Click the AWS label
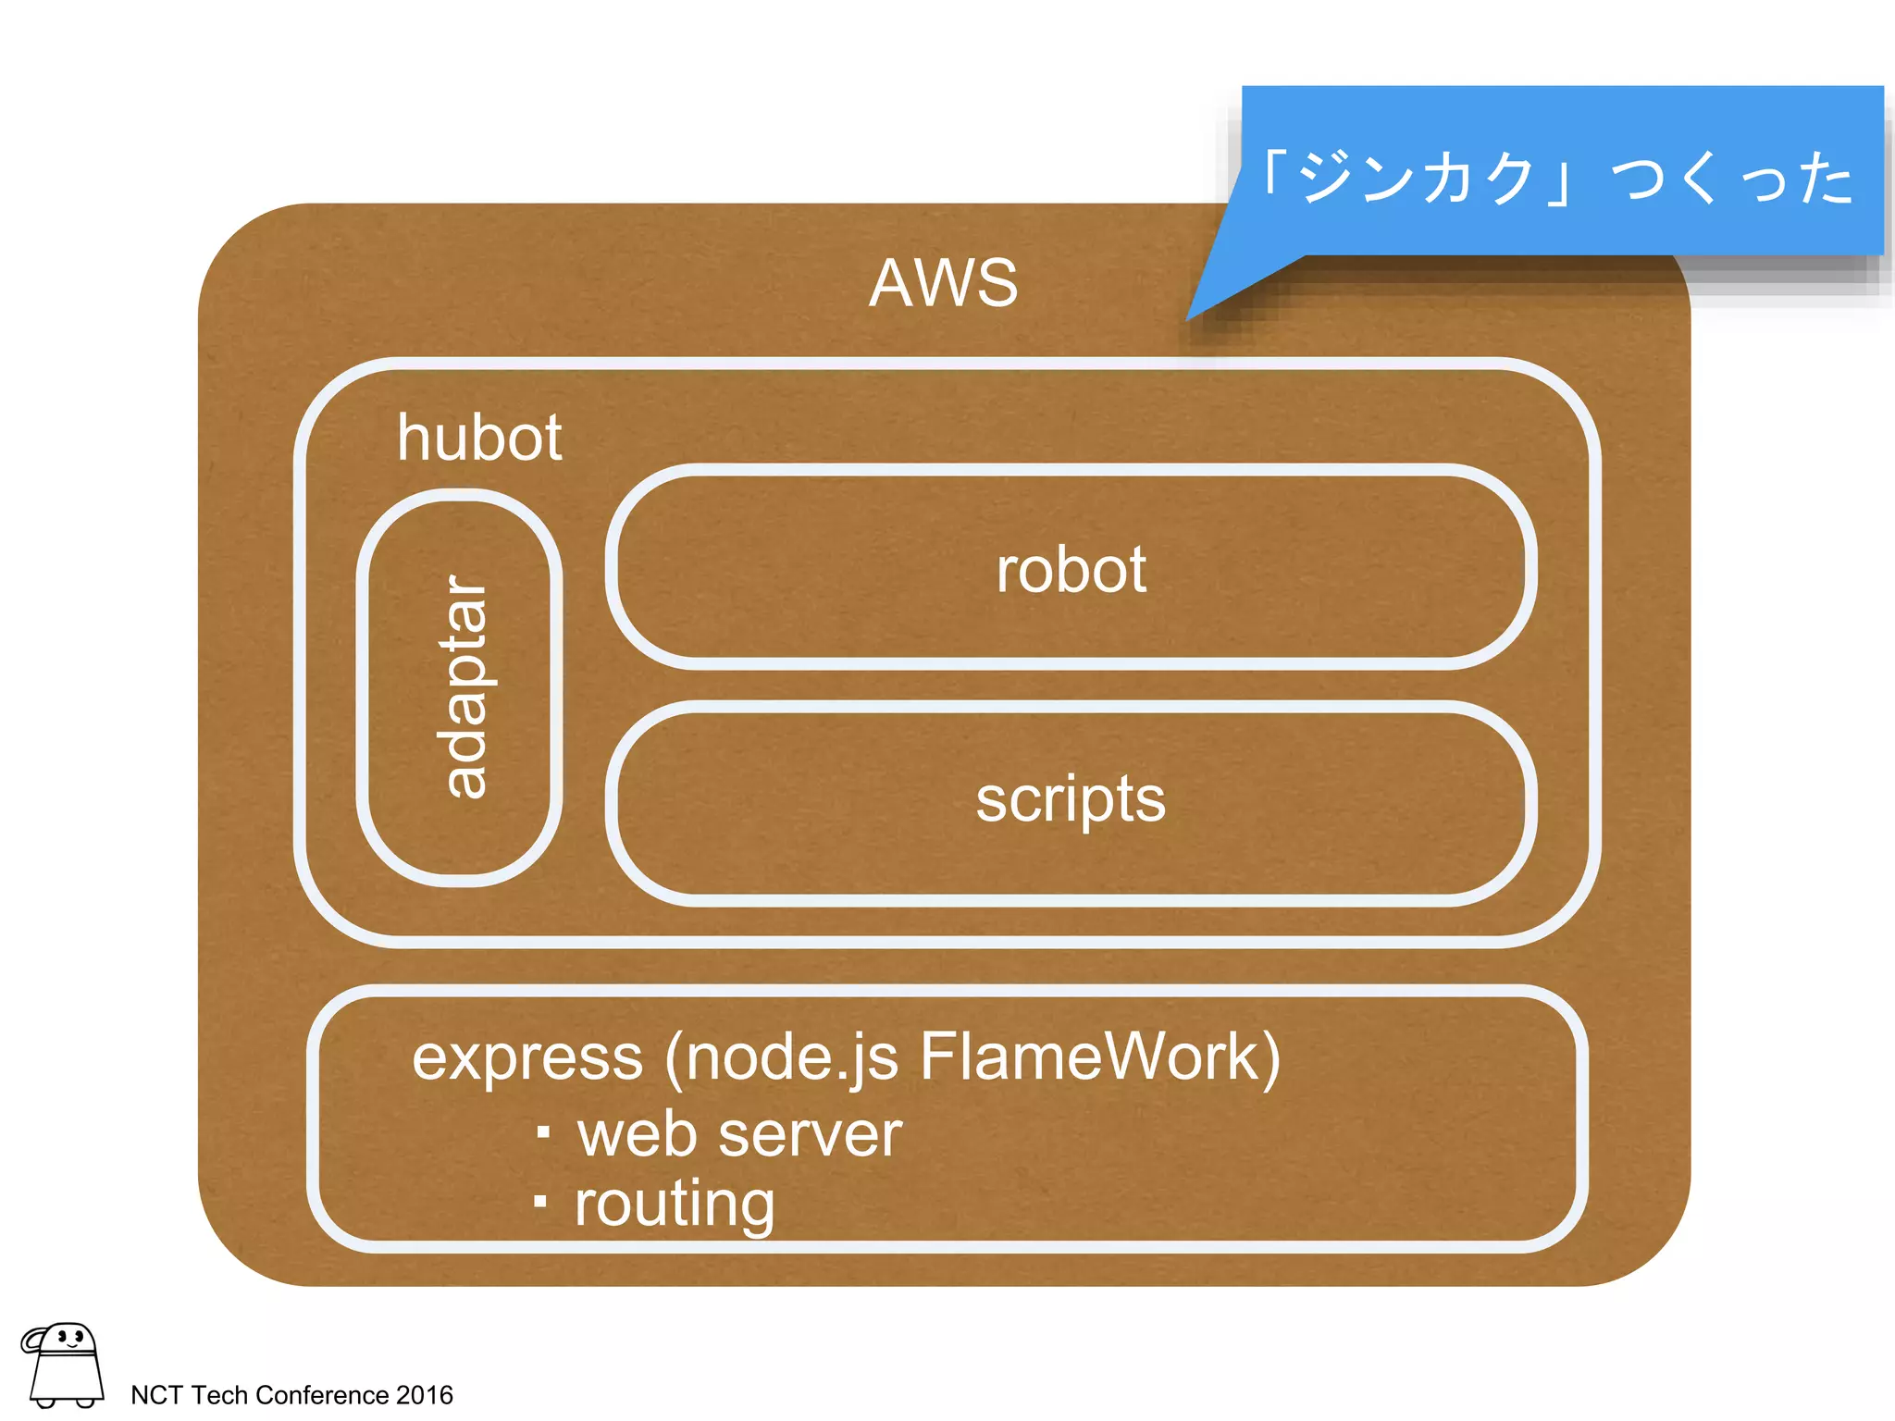coord(943,283)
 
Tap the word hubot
coord(479,438)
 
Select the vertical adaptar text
coord(465,686)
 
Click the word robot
coord(1071,570)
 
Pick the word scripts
coord(1071,799)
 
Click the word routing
coord(675,1205)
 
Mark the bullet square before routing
coord(540,1202)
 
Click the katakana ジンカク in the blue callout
coord(1417,178)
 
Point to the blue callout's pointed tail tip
coord(1190,318)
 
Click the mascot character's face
coord(70,1338)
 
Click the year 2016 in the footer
coord(425,1395)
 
